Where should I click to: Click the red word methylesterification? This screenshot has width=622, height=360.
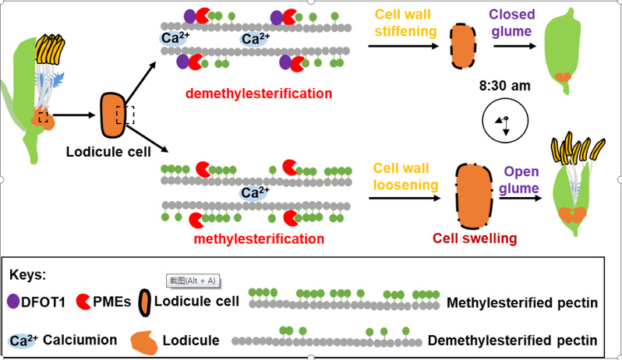pyautogui.click(x=246, y=239)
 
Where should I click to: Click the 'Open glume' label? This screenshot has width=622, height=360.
pyautogui.click(x=521, y=180)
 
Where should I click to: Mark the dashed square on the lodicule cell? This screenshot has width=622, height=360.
pyautogui.click(x=125, y=115)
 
